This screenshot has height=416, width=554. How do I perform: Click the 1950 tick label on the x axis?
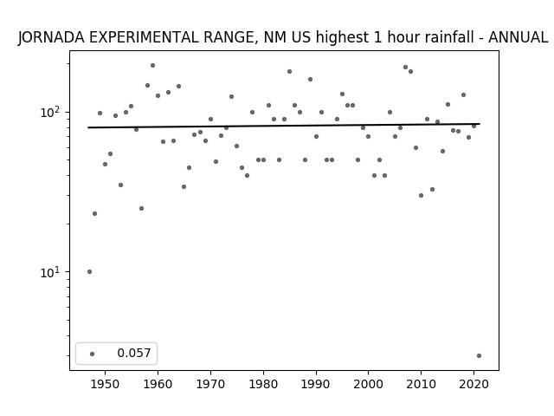[105, 385]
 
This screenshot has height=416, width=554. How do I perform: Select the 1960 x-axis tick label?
[158, 385]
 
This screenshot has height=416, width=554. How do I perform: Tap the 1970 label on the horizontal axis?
[210, 385]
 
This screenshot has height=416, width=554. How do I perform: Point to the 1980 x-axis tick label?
[263, 385]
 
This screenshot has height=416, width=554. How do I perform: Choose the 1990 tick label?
[316, 385]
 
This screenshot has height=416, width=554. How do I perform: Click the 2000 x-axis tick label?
[369, 385]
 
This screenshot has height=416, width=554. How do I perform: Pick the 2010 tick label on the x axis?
[422, 385]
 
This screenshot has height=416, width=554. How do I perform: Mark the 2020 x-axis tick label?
[473, 385]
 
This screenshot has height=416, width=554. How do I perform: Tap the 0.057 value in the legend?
[134, 353]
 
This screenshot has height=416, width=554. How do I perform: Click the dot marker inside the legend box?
[93, 354]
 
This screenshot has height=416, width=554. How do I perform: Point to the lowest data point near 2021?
[479, 356]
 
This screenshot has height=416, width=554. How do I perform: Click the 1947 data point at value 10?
[89, 271]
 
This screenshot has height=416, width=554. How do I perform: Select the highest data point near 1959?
[152, 66]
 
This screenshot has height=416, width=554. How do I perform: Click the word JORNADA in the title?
[52, 37]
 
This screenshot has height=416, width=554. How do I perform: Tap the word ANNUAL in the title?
[518, 37]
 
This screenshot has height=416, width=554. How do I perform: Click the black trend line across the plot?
[284, 126]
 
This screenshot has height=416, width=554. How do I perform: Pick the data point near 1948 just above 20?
[94, 214]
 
